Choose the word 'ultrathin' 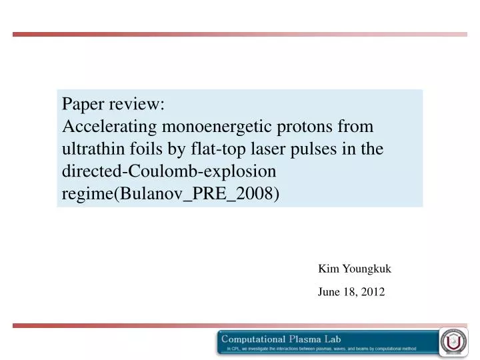[x=91, y=149]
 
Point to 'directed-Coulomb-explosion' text [x=169, y=171]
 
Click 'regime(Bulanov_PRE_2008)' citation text [x=170, y=194]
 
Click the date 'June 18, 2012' [x=351, y=291]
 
